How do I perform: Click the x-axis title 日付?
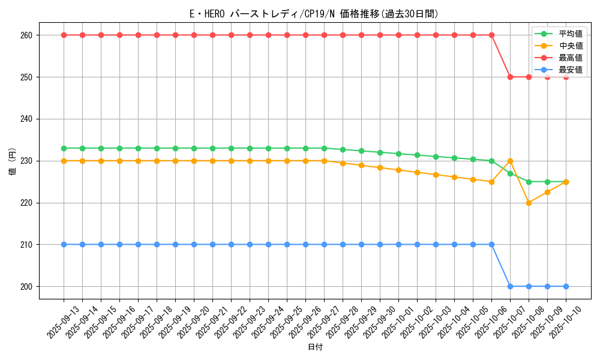[315, 347]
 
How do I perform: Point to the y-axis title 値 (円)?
[12, 161]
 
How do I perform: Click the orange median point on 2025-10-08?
[529, 203]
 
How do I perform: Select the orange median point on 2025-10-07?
[510, 161]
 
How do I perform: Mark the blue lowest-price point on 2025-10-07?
[510, 286]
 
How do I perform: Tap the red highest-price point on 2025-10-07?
[510, 77]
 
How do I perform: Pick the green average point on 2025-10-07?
[510, 173]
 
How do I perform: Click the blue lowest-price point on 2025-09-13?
[64, 245]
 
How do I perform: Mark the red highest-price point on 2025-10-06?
[491, 35]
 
